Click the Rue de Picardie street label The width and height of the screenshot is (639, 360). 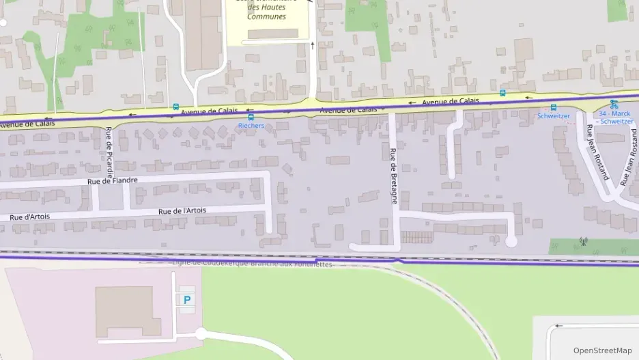tap(109, 149)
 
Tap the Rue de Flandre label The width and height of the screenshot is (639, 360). tap(113, 181)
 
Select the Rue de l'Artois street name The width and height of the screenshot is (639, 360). tap(182, 211)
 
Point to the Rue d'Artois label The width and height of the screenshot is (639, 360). tap(29, 217)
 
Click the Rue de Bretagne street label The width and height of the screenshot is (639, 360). tap(393, 176)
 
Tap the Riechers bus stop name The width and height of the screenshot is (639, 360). tap(251, 126)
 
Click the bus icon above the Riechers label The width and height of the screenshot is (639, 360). tap(251, 117)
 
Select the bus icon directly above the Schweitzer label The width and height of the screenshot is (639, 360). tap(553, 107)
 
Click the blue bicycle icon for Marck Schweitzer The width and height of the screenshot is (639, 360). tap(613, 105)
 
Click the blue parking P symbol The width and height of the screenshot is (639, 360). tap(186, 299)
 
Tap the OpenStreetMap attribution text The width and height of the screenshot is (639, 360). tap(602, 350)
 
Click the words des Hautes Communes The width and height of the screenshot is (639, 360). tap(266, 12)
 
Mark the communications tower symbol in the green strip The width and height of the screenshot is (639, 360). tap(582, 240)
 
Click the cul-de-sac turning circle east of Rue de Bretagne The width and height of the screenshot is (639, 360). tap(511, 241)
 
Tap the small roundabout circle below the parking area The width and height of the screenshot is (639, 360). tap(200, 334)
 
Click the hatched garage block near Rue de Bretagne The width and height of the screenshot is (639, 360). tap(416, 237)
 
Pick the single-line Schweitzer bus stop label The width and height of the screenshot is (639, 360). tap(553, 116)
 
